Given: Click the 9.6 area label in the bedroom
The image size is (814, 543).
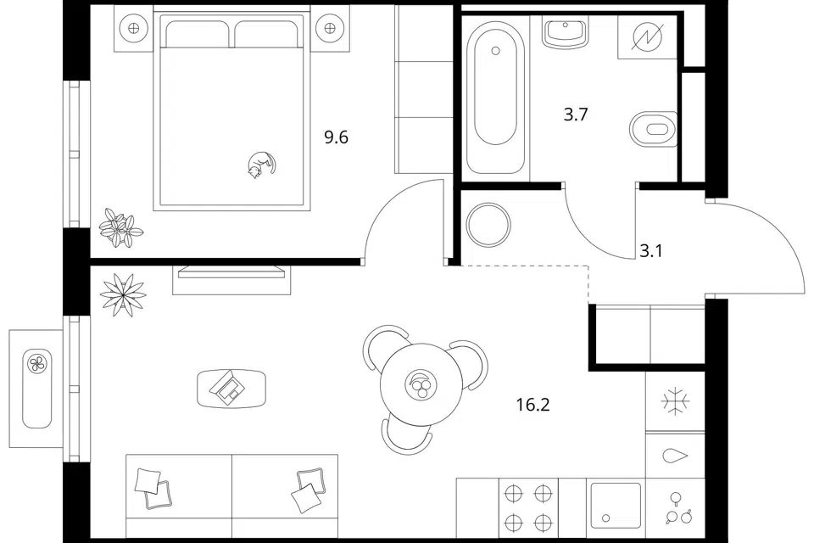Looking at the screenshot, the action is click(x=336, y=137).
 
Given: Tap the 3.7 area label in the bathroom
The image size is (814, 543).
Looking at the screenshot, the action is click(x=575, y=115).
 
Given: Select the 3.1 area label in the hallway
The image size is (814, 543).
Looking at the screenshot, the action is click(x=650, y=251).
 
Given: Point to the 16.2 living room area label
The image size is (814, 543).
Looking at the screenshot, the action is click(x=532, y=404).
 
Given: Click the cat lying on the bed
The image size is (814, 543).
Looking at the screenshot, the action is click(x=261, y=165).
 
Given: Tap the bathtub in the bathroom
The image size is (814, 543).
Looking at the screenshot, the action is click(x=495, y=98).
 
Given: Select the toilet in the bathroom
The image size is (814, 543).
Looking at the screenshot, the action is click(x=654, y=129).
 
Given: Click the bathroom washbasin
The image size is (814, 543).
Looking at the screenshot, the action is click(x=566, y=31).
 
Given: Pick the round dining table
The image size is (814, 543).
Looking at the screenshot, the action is click(x=421, y=385).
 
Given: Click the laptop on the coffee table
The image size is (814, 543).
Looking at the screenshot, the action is click(x=228, y=387).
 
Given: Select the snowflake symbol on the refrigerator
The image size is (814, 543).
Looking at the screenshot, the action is click(x=676, y=401).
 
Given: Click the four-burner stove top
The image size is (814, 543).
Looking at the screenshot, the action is click(x=528, y=507).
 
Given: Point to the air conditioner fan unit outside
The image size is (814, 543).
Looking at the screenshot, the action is click(x=37, y=388).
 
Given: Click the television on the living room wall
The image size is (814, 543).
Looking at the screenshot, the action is click(x=231, y=273).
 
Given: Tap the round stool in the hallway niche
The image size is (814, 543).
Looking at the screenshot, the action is click(x=488, y=225).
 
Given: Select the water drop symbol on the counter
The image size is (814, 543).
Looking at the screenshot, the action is click(x=675, y=456).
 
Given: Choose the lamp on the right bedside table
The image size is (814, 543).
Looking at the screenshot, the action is click(x=330, y=28).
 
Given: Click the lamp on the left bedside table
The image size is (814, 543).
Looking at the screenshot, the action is click(x=134, y=28).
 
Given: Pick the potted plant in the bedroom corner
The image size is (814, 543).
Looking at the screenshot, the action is click(x=120, y=227).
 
